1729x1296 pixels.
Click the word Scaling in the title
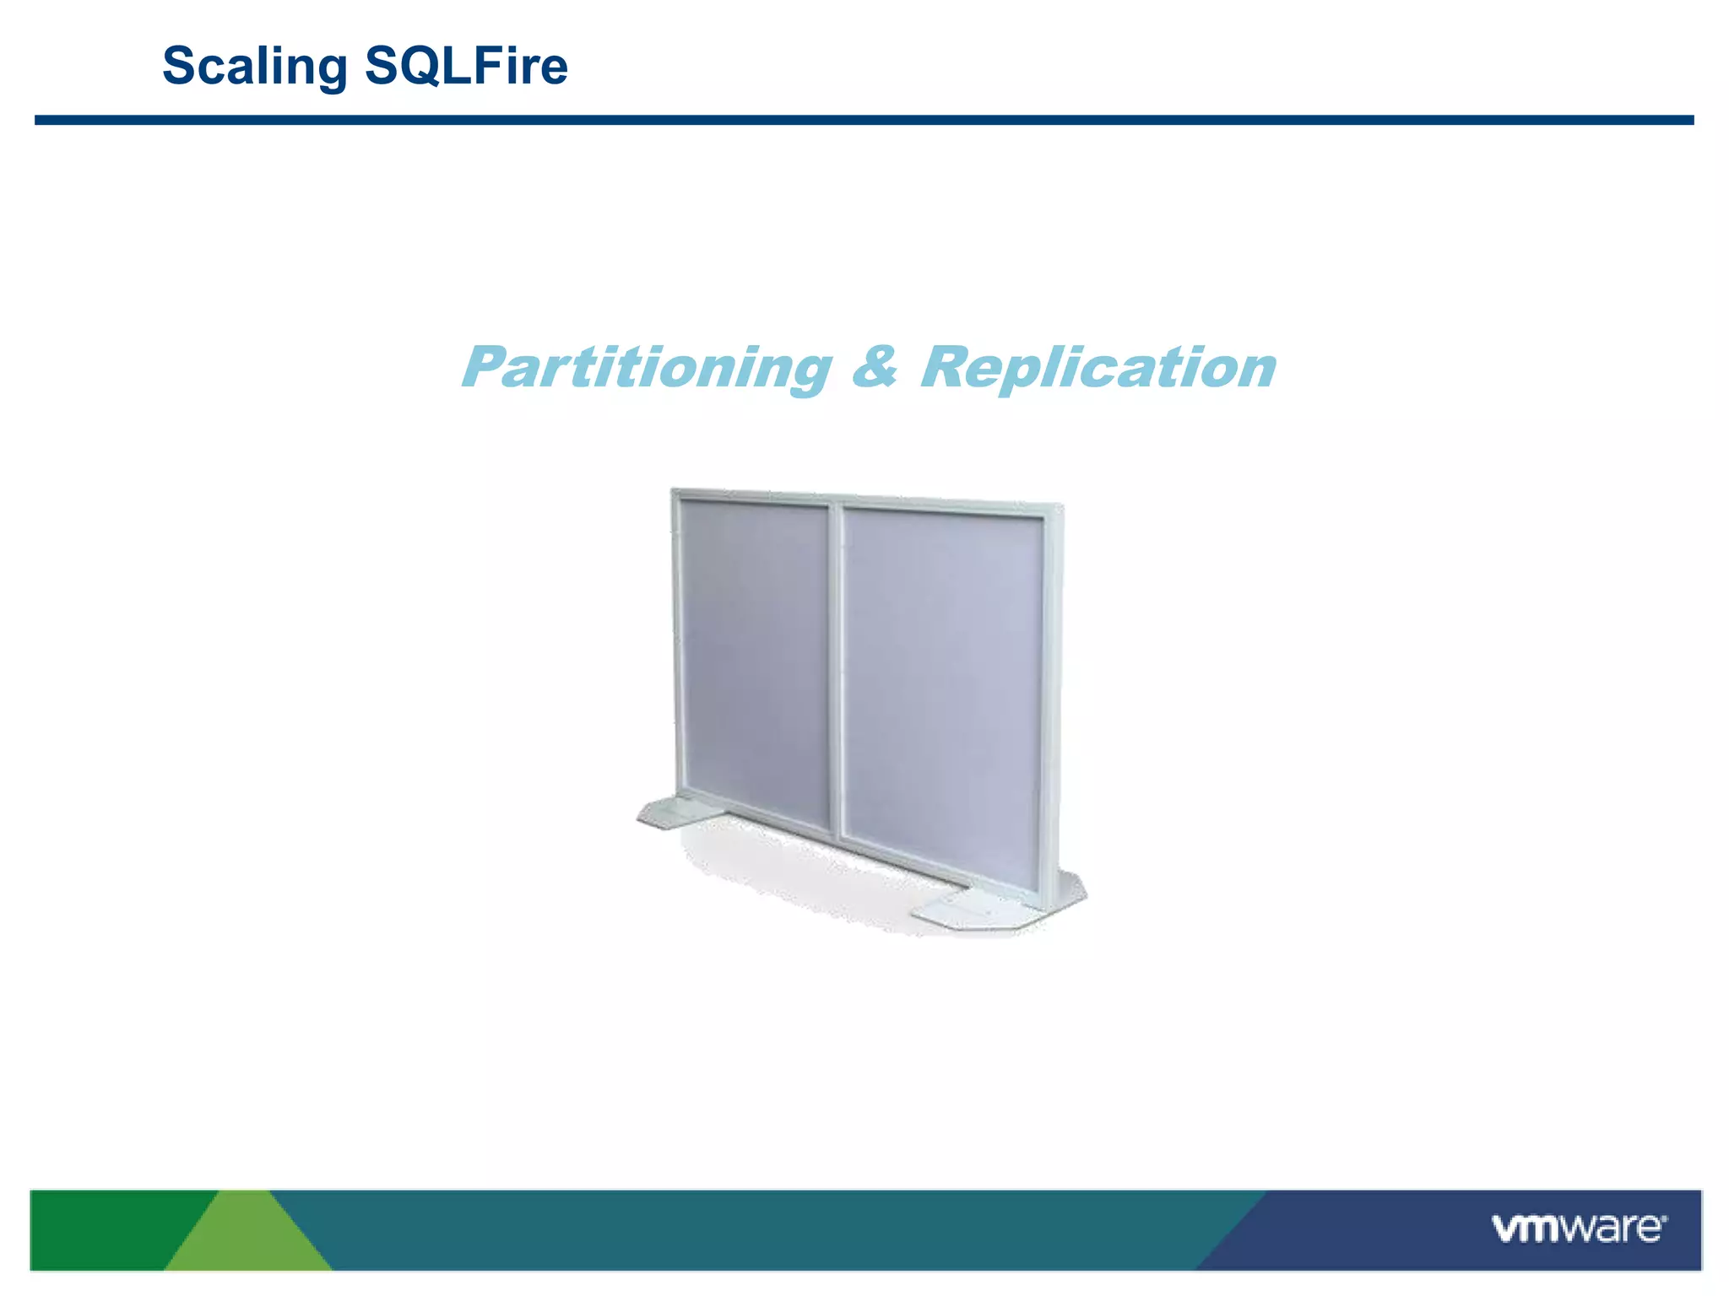(254, 66)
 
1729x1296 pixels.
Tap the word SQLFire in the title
(466, 66)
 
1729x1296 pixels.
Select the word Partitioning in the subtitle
(647, 368)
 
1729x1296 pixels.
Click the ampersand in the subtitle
(875, 368)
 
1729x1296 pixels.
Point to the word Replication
(1098, 368)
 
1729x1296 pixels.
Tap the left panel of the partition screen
(754, 658)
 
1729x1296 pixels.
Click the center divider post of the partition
(836, 675)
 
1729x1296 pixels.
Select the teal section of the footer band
(760, 1229)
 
